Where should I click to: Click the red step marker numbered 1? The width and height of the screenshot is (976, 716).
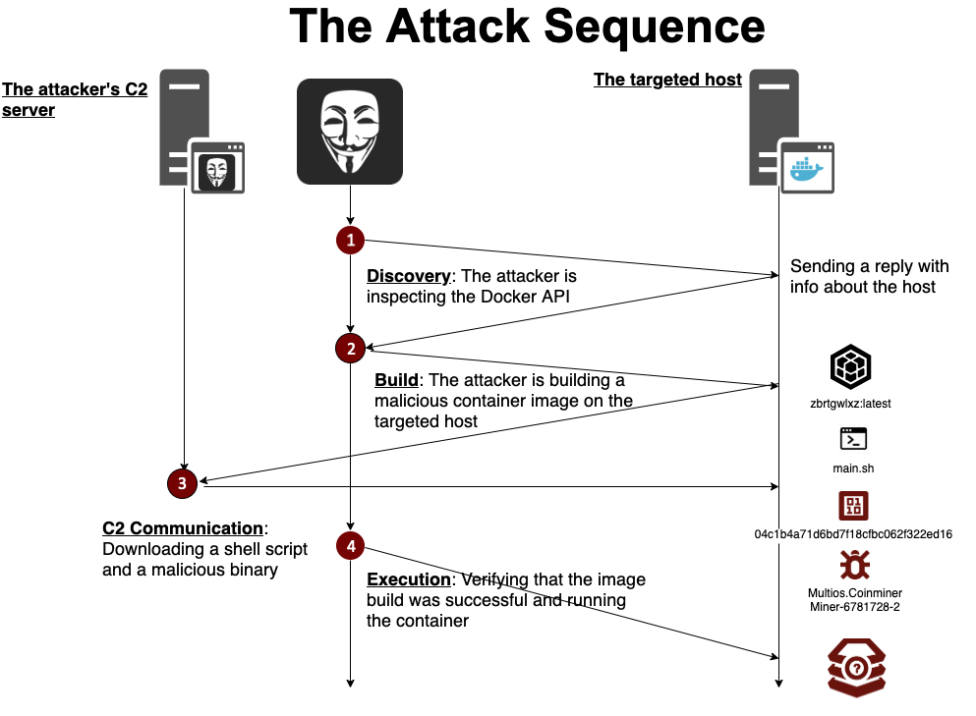350,240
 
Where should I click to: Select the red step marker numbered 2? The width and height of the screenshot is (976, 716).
350,348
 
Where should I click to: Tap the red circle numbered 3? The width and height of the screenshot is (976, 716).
183,483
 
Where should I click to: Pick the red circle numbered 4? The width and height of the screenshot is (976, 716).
350,545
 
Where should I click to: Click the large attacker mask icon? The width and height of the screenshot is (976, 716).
350,132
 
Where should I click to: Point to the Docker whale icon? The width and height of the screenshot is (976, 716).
806,168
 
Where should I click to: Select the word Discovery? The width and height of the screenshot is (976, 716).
408,276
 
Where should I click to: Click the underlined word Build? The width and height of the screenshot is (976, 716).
396,380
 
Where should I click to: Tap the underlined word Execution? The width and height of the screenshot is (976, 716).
409,579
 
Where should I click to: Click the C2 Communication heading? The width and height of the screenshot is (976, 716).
183,528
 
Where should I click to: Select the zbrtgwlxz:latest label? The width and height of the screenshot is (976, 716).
851,404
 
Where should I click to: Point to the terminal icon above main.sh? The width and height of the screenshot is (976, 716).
852,439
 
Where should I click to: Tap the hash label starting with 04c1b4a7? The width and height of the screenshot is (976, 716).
852,534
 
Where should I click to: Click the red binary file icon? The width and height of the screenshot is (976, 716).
852,505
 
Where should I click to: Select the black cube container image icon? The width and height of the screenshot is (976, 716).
851,366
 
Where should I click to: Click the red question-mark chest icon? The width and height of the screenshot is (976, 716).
856,667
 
